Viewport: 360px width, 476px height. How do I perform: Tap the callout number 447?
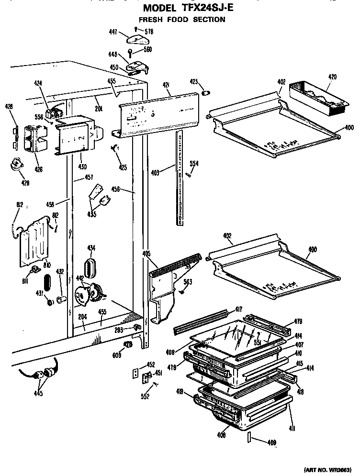coord(113,32)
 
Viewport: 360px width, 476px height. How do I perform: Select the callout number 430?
coord(82,166)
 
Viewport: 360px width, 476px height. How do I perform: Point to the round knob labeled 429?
coord(17,165)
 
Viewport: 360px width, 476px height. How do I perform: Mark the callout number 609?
coord(117,355)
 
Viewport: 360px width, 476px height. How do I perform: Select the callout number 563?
coord(188,282)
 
